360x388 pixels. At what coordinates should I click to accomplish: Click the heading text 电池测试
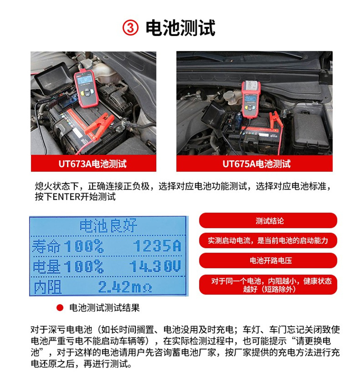(x=180, y=28)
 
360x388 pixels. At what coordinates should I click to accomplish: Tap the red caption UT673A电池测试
(x=93, y=164)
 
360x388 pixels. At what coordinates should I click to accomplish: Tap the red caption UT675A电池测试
(x=256, y=164)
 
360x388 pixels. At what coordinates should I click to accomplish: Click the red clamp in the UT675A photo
(x=275, y=120)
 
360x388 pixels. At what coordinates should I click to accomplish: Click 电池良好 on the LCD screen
(x=108, y=225)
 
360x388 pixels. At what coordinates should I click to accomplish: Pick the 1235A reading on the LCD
(x=156, y=246)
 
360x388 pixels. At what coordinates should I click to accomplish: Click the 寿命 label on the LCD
(x=47, y=246)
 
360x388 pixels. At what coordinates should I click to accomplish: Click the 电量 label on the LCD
(x=47, y=267)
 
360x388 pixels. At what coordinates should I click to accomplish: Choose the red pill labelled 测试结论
(x=269, y=221)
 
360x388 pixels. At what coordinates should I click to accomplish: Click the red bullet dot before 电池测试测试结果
(x=60, y=308)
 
